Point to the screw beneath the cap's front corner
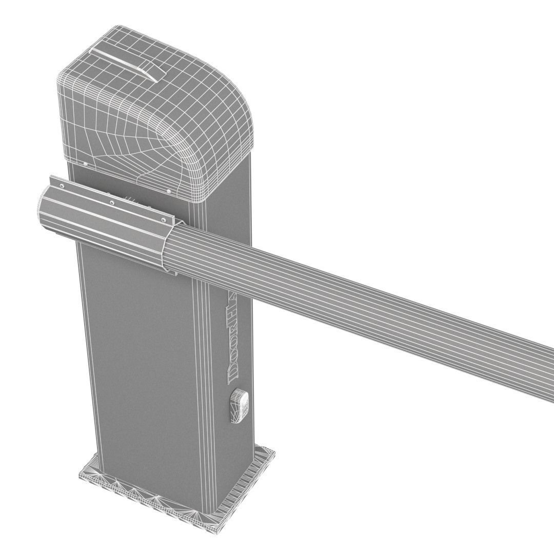coord(169,191)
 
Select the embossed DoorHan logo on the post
coord(231,339)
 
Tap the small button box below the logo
coord(240,405)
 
